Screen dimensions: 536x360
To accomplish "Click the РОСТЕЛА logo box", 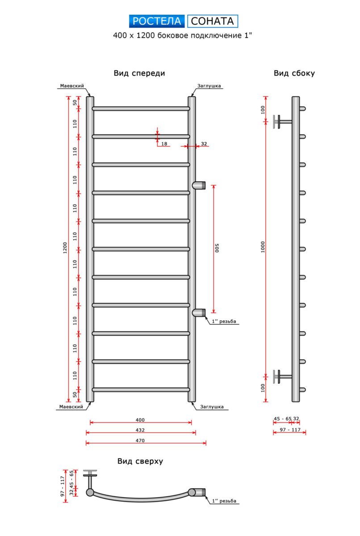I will click(x=157, y=21).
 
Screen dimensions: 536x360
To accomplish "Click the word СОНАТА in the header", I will click(x=213, y=21).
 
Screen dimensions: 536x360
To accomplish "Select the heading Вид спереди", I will click(x=139, y=73).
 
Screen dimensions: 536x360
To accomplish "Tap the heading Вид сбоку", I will click(x=294, y=73).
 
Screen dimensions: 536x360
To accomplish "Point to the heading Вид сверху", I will click(x=140, y=461).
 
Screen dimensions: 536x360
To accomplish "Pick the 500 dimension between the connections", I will click(x=218, y=248).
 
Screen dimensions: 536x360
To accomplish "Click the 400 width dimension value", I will click(x=140, y=420).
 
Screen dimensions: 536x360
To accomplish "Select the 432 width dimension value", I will click(x=140, y=430).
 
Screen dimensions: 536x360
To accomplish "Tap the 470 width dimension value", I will click(x=140, y=440).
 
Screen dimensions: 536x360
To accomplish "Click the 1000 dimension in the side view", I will click(x=263, y=247).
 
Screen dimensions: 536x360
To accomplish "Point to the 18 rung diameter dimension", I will click(x=164, y=144).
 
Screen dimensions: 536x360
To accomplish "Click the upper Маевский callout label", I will click(x=72, y=86).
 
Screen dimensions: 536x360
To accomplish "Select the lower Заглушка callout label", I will click(x=212, y=407).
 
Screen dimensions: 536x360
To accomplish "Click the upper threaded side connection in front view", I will click(x=199, y=184).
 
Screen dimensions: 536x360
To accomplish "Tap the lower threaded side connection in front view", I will click(x=199, y=313).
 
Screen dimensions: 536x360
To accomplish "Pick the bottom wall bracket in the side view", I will click(x=282, y=376).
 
